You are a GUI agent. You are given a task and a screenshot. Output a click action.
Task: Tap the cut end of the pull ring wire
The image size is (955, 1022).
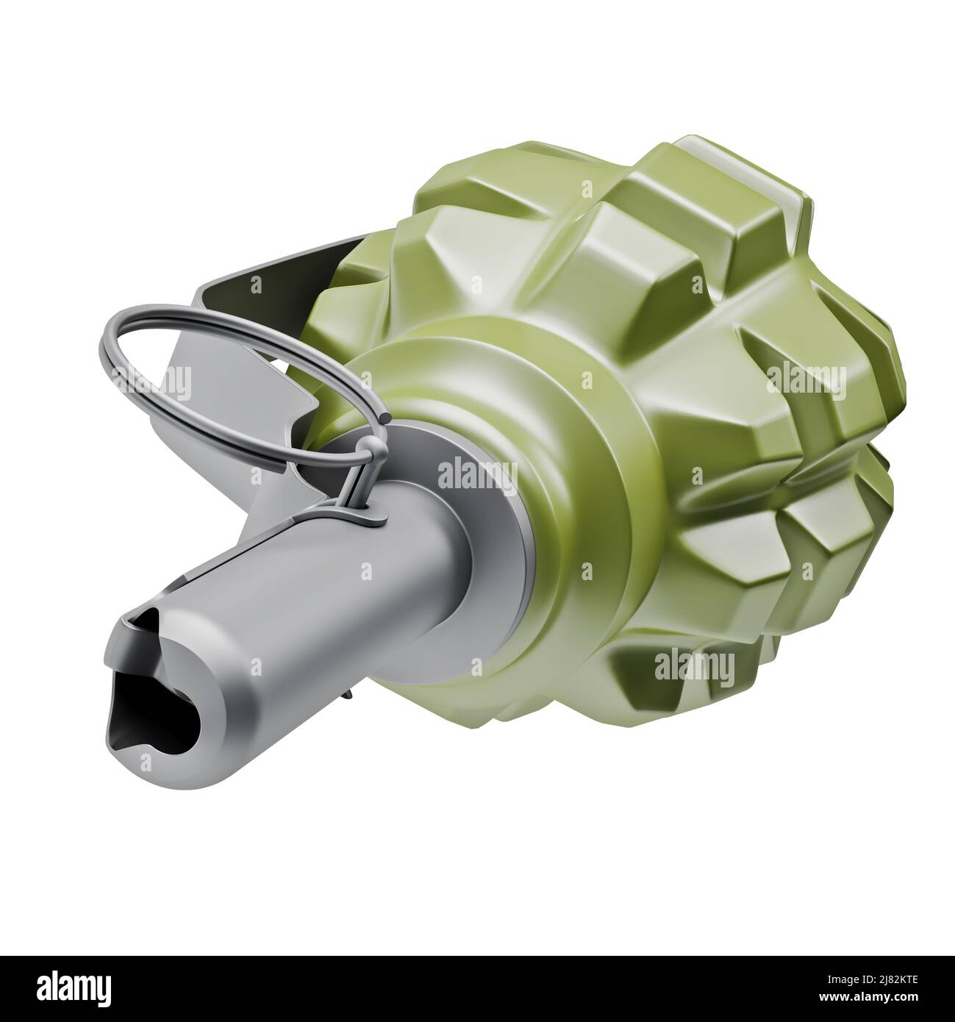[385, 418]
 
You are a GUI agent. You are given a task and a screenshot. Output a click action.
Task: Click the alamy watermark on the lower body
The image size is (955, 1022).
[695, 665]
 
